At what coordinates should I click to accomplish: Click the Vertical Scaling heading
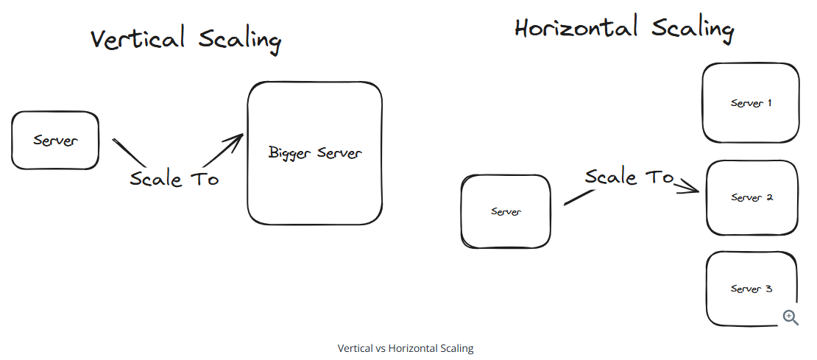185,39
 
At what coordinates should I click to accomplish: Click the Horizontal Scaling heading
624,29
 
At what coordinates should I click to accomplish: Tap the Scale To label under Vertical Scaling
174,179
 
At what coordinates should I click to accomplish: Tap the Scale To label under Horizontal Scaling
629,177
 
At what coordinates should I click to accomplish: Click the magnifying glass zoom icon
791,317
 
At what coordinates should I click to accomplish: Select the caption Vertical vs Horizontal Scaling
406,348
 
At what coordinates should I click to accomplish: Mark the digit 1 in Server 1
769,103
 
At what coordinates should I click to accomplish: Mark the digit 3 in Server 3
769,289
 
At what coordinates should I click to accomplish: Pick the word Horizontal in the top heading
576,29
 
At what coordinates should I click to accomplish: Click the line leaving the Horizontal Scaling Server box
579,197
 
